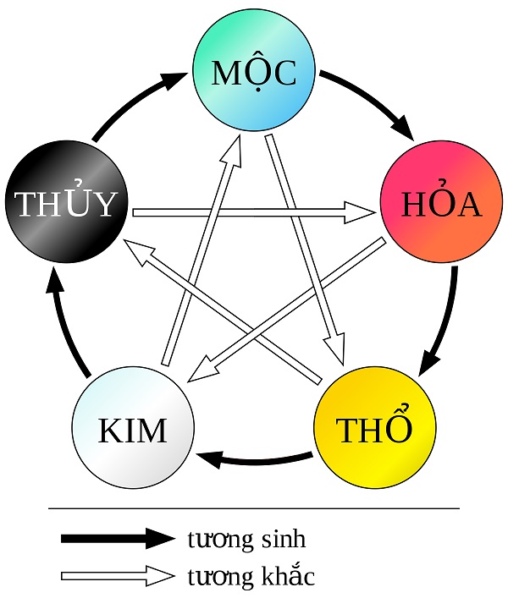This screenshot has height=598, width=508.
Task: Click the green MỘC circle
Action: [x=254, y=74]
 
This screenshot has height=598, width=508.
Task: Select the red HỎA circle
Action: [x=441, y=206]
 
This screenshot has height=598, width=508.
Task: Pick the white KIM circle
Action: [x=133, y=429]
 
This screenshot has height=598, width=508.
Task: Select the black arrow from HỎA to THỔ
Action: [x=444, y=321]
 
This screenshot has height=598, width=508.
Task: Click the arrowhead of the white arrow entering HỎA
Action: [x=359, y=211]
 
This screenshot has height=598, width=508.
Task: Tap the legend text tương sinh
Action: [x=246, y=539]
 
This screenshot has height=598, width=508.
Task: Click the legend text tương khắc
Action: [x=251, y=577]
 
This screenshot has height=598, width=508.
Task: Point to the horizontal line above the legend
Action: [x=254, y=508]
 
